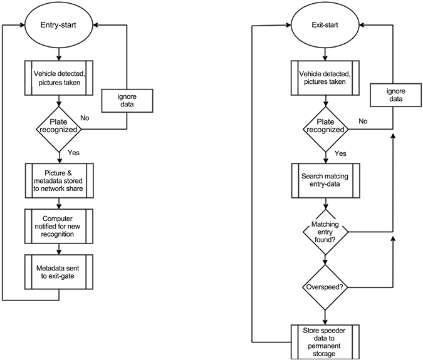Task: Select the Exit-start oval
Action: coord(325,26)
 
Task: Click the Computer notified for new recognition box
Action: coord(58,224)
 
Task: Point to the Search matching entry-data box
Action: coord(325,180)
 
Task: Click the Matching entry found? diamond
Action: coord(325,232)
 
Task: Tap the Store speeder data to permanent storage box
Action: coord(325,341)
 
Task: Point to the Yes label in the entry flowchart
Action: coord(74,151)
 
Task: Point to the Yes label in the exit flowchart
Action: coord(340,153)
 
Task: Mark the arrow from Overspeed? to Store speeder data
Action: coord(325,314)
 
